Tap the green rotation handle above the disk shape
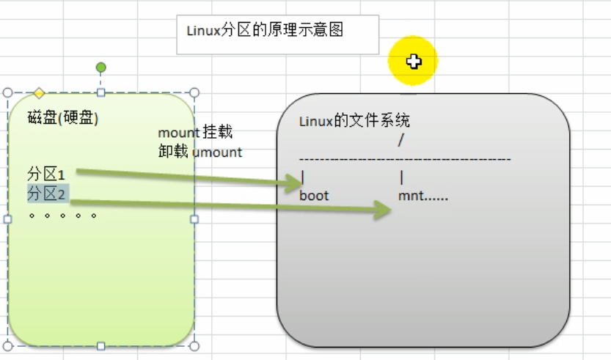point(101,67)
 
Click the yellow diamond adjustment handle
point(39,93)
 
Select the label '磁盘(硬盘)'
point(63,117)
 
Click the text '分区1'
point(46,175)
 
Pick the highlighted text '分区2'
point(48,194)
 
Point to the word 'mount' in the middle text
point(178,133)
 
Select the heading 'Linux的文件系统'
point(354,121)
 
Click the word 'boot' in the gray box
point(314,196)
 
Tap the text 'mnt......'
point(423,196)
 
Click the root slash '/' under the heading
point(400,139)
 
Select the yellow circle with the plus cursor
point(413,62)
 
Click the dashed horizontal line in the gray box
point(405,158)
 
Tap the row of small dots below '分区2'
point(62,216)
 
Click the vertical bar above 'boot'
point(302,177)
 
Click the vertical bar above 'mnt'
point(402,177)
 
